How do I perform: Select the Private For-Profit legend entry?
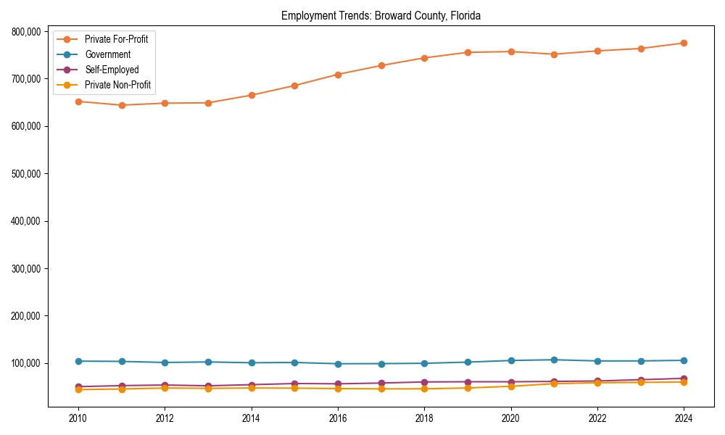tap(116, 39)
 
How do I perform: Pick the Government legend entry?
tap(107, 54)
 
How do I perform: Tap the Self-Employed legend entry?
tap(111, 70)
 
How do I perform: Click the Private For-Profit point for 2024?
tap(684, 43)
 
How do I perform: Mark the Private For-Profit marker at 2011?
tap(122, 105)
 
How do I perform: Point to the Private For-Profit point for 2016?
tap(338, 75)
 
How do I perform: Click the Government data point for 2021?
tap(554, 360)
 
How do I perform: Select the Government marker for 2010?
tap(78, 361)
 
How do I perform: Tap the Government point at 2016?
tap(338, 364)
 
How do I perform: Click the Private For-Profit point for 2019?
tap(468, 52)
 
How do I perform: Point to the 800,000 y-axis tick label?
tap(28, 31)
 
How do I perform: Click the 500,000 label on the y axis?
tap(28, 173)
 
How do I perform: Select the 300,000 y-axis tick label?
tap(28, 268)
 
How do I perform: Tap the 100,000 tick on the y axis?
tap(28, 363)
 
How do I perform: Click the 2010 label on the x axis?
tap(78, 418)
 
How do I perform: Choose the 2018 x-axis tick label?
tap(424, 418)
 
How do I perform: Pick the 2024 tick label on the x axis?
tap(684, 418)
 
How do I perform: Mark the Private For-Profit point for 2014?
tap(252, 95)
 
